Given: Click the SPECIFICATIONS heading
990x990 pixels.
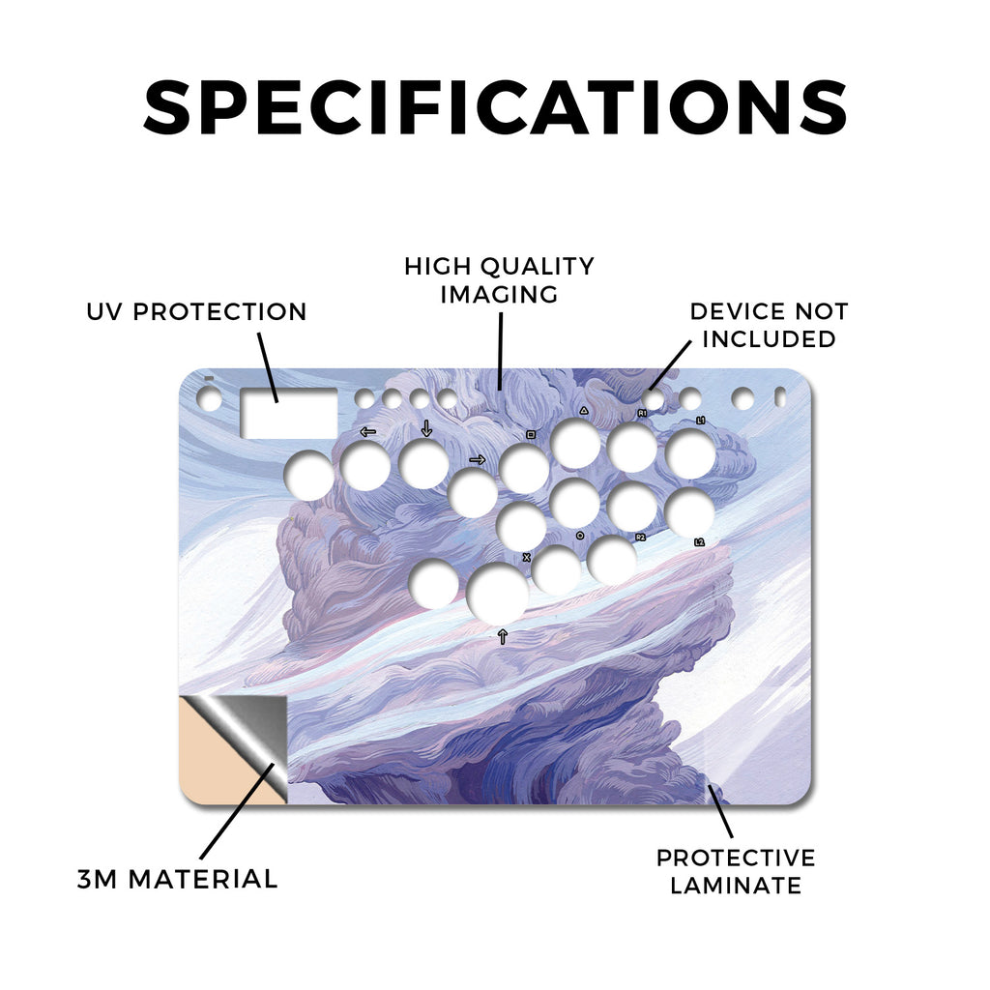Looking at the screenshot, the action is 495,107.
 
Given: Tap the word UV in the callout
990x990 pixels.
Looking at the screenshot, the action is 104,312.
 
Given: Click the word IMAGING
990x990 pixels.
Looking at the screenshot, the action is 499,294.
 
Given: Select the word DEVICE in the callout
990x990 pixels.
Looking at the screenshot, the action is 737,311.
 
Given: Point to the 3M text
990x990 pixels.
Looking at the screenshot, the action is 98,880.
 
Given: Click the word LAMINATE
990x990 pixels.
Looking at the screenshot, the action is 736,886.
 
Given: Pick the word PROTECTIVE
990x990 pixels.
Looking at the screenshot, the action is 736,859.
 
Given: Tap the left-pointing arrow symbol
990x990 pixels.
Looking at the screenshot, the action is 367,432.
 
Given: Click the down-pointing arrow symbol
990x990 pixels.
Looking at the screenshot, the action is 426,428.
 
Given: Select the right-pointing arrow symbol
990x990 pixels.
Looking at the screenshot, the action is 478,459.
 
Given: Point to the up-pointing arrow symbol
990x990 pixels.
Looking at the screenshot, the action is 503,636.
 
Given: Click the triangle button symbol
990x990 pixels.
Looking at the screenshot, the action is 584,410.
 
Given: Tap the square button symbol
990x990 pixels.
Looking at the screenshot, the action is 531,434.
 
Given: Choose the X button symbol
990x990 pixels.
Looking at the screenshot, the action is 527,558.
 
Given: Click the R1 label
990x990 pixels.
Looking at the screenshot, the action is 642,413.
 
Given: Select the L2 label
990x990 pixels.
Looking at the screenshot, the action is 699,542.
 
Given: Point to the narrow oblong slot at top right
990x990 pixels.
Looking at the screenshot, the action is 780,397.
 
